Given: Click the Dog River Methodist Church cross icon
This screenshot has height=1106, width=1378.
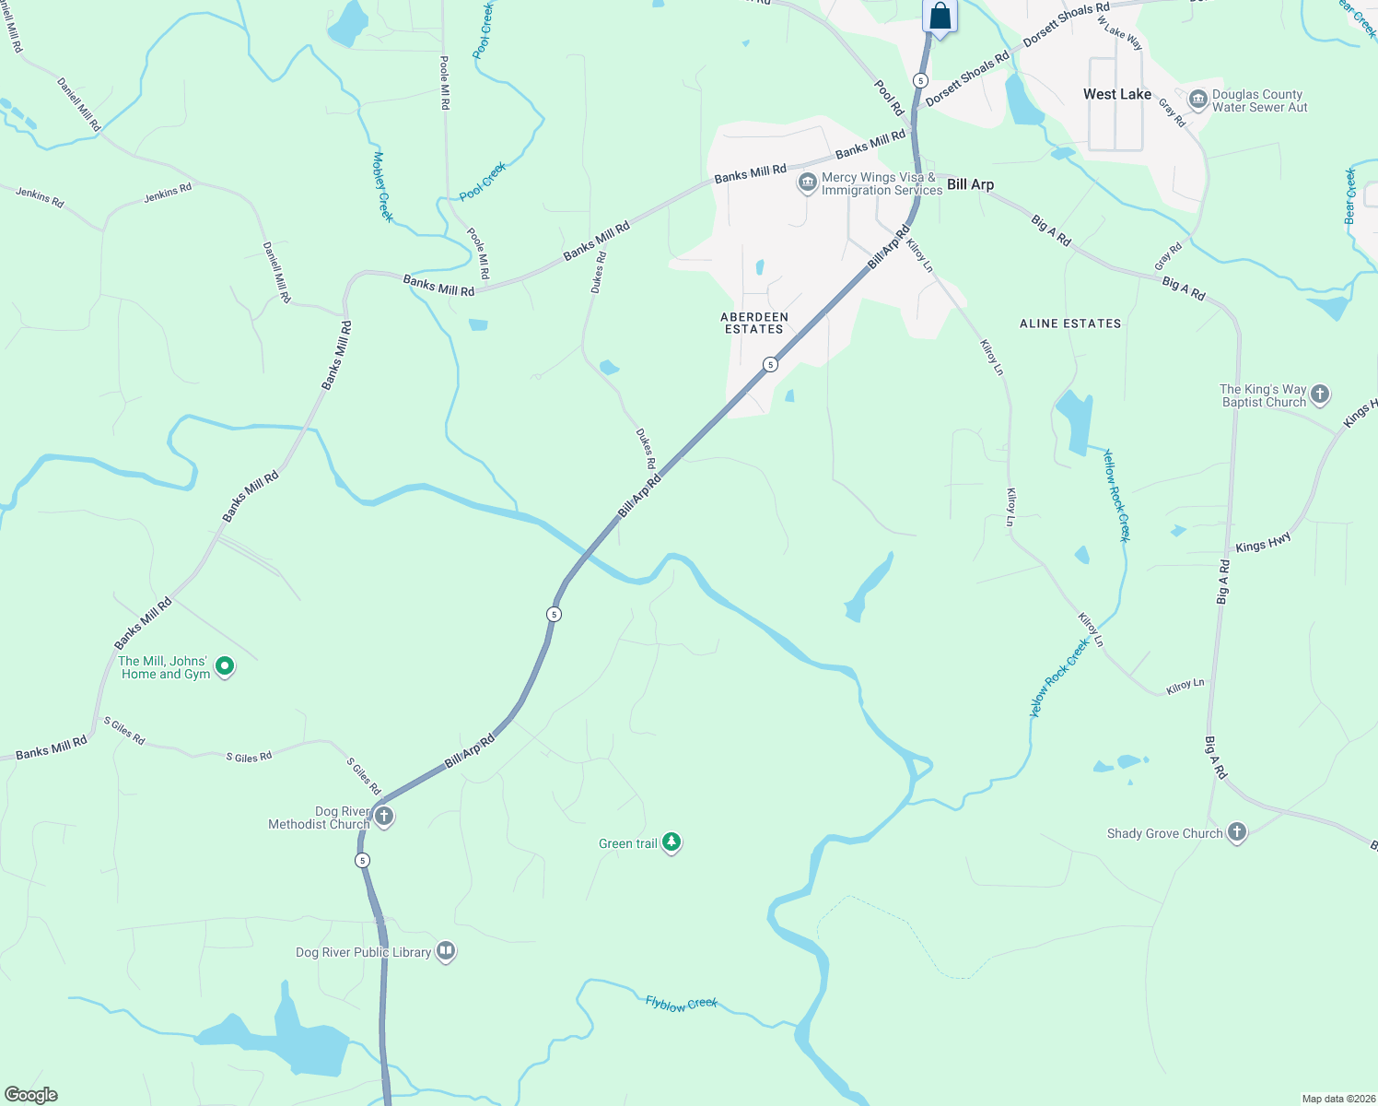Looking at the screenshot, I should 384,816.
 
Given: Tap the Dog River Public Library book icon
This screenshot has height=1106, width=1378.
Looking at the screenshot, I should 446,950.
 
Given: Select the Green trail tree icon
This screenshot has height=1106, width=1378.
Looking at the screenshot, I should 671,841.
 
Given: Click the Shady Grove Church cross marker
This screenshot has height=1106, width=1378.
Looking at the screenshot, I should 1237,832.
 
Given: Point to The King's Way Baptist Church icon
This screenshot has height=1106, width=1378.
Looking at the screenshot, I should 1320,394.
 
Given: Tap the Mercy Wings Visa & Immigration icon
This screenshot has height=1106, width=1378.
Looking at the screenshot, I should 807,182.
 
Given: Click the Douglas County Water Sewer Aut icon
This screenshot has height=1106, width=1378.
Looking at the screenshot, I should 1198,100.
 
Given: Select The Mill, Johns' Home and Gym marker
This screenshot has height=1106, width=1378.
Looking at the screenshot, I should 225,666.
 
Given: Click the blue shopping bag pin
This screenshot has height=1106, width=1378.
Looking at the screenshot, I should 940,17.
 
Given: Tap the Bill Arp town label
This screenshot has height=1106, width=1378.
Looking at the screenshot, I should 970,184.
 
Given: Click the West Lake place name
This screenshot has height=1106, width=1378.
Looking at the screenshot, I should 1116,94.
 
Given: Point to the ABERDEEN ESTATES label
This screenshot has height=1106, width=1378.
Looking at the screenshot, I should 753,323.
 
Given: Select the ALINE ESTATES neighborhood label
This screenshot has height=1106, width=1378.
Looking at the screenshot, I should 1070,324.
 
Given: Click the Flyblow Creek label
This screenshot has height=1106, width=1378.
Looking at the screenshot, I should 681,1004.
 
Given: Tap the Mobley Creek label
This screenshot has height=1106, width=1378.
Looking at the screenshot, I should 382,186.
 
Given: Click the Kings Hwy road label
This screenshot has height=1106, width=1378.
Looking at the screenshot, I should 1263,544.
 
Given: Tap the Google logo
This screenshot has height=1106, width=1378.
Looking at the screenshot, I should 30,1095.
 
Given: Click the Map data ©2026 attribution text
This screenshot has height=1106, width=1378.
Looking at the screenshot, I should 1337,1099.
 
